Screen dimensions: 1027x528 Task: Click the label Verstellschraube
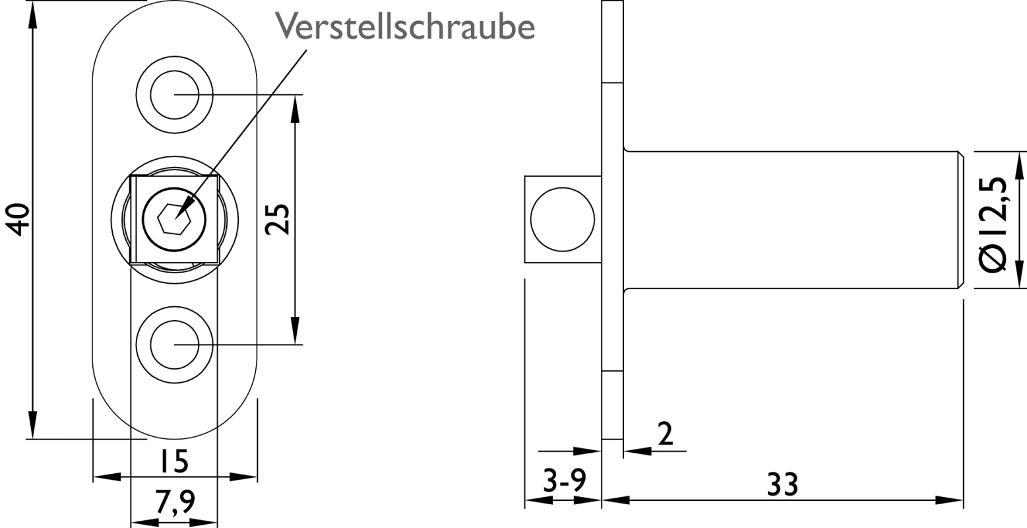[x=405, y=26]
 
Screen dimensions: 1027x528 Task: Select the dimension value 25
[x=278, y=219]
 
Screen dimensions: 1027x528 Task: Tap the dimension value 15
[x=174, y=461]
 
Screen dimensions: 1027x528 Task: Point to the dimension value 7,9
[x=175, y=502]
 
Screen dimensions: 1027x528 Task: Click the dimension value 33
[x=783, y=484]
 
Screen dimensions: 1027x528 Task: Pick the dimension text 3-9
[x=565, y=480]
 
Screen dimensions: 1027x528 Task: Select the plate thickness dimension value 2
[x=666, y=434]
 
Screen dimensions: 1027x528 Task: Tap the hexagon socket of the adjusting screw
[x=174, y=219]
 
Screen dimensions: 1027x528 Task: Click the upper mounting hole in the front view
[x=174, y=94]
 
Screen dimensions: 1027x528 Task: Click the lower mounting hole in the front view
[x=174, y=345]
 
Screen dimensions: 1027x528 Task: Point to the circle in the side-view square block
[x=563, y=219]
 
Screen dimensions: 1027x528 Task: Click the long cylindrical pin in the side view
[x=794, y=220]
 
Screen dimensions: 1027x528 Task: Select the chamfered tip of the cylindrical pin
[x=960, y=220]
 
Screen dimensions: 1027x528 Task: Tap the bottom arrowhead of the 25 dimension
[x=295, y=330]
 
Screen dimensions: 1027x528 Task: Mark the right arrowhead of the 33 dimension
[x=949, y=500]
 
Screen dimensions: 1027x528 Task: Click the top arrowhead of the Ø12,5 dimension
[x=1019, y=166]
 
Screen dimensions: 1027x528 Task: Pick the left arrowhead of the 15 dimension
[x=107, y=477]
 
